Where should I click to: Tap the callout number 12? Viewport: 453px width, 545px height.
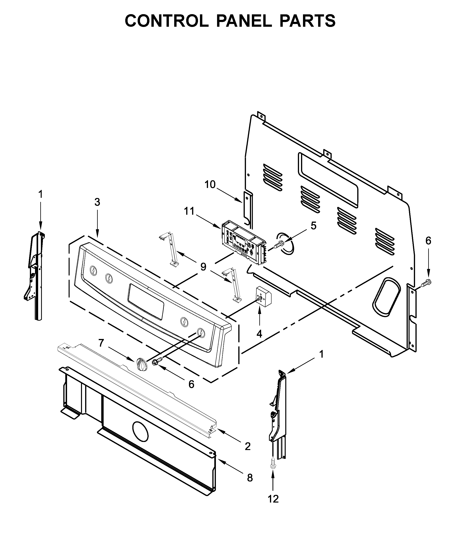(x=273, y=499)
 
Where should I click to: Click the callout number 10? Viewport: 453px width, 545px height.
(x=210, y=185)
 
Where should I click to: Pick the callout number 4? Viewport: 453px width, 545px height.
(x=259, y=334)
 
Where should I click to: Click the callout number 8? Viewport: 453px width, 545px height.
(x=250, y=478)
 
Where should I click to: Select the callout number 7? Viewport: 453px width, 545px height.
(x=101, y=343)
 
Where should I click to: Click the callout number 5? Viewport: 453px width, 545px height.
(x=314, y=226)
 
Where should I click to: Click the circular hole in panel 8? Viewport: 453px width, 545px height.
(x=140, y=431)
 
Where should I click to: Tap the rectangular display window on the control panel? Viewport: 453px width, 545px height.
(x=146, y=302)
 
